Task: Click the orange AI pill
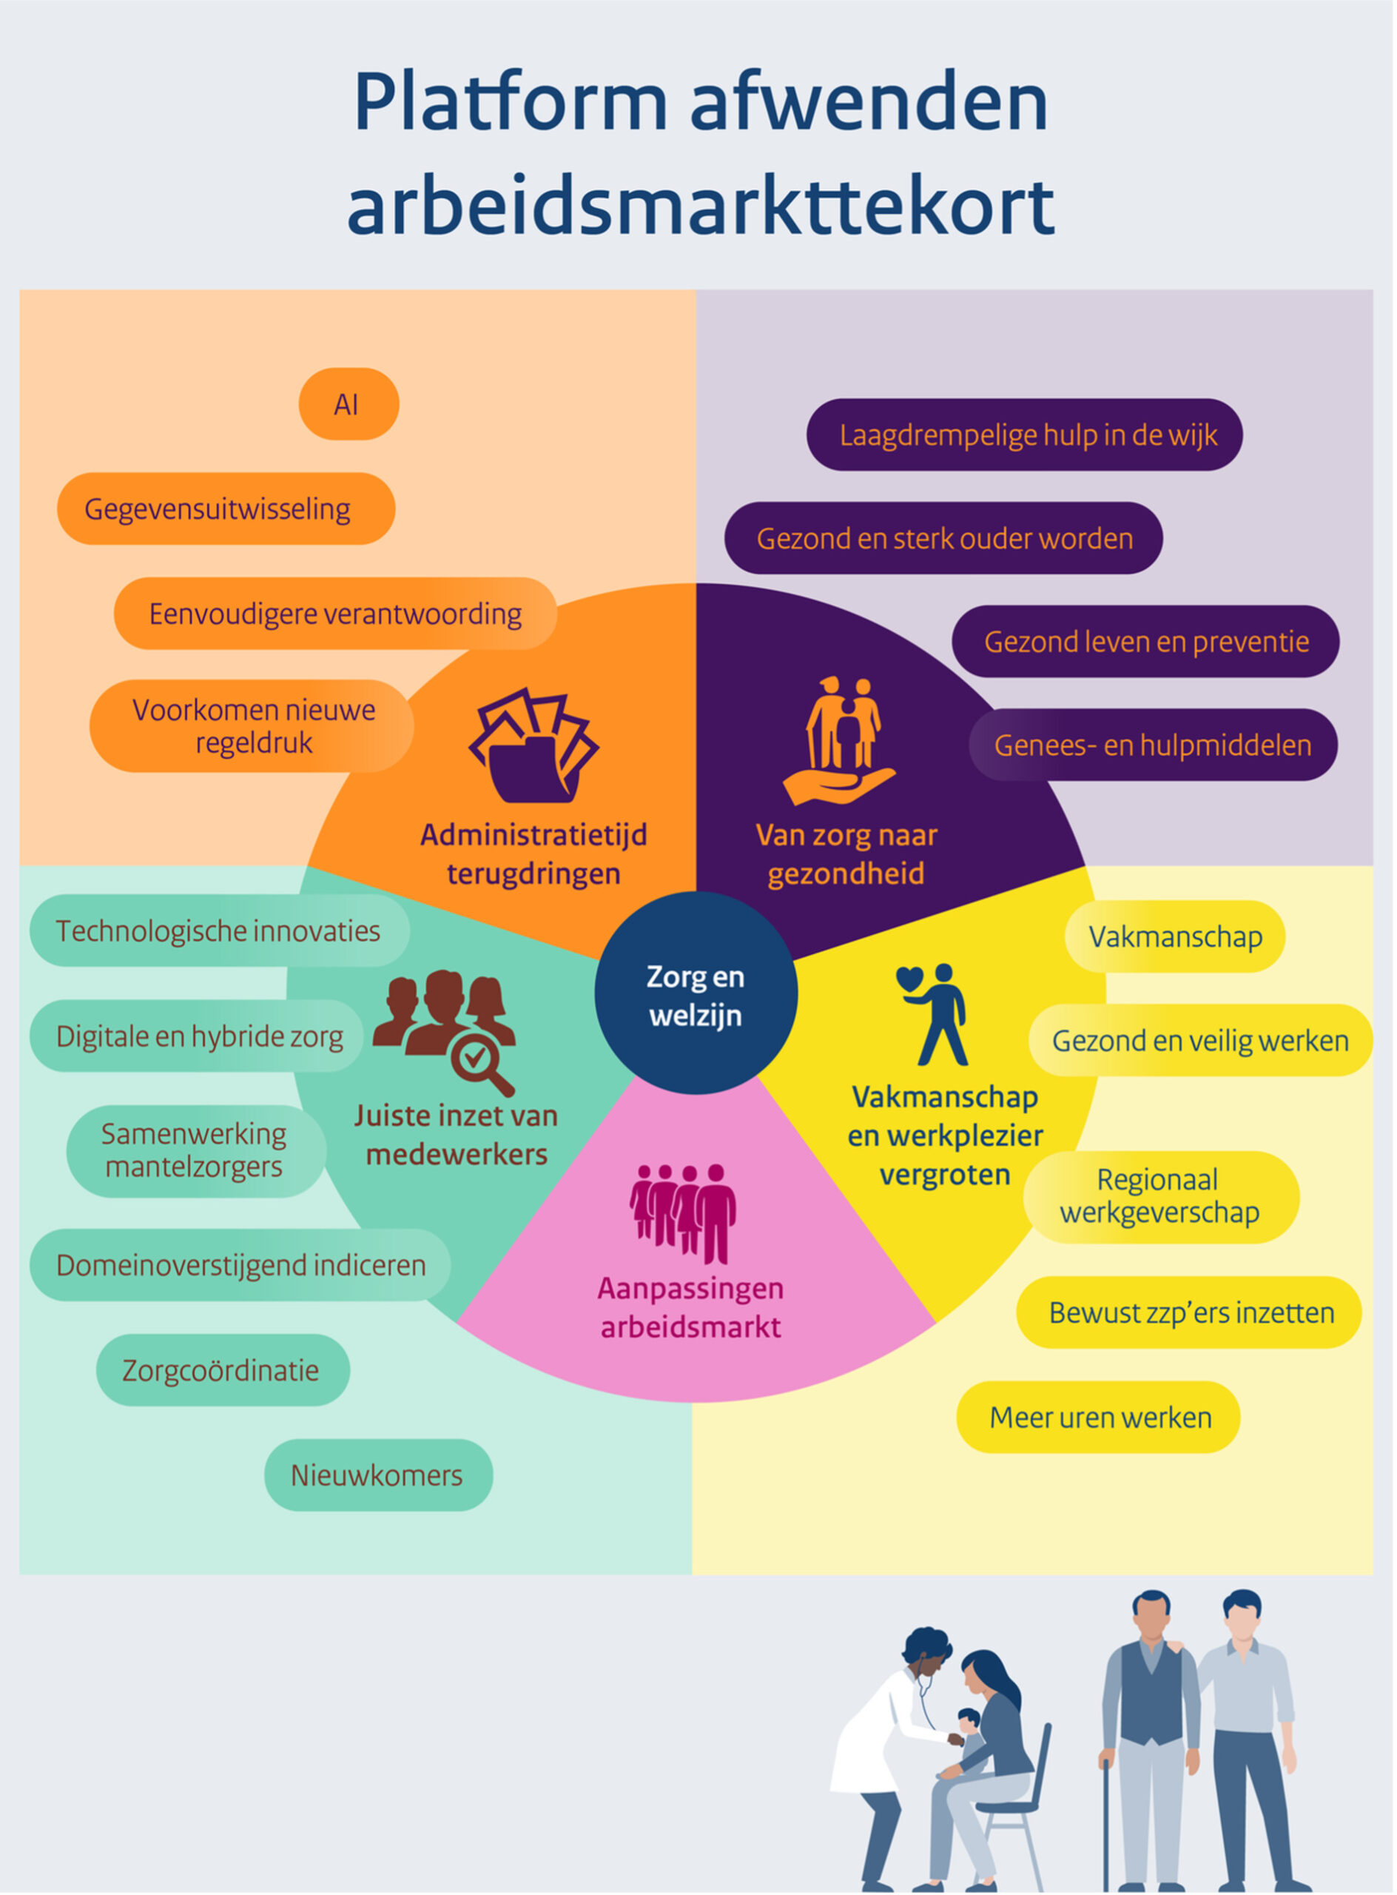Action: coord(349,404)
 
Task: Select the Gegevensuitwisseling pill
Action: coord(226,509)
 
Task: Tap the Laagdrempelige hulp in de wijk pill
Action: coord(1024,435)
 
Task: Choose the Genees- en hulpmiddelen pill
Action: coord(1153,745)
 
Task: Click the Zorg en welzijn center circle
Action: coord(695,994)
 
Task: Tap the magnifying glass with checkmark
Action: coord(479,1065)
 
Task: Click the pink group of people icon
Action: coord(683,1212)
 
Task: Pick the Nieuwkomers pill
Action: coord(378,1475)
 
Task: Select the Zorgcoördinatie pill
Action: coord(223,1369)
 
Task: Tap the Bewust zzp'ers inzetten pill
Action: coord(1189,1312)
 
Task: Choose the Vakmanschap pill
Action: coord(1174,936)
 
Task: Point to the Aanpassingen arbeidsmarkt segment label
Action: coord(690,1307)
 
